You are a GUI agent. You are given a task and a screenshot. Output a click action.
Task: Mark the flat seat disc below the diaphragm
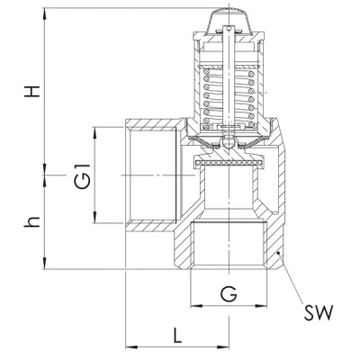point(230,163)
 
